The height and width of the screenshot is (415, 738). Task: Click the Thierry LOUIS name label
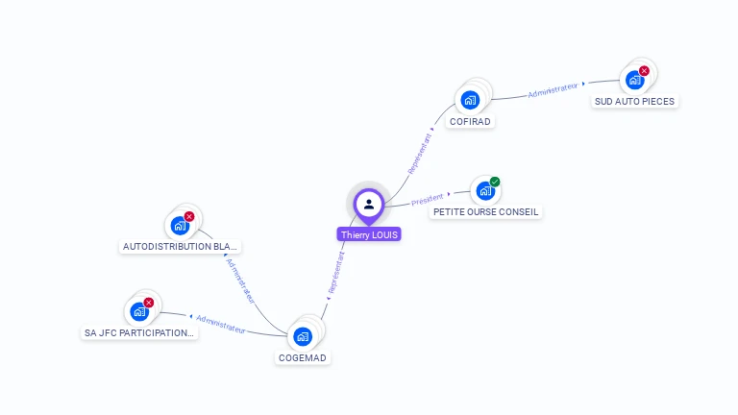tap(369, 234)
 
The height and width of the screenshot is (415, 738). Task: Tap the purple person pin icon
tap(369, 204)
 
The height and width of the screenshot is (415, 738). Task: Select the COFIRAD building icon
tap(470, 99)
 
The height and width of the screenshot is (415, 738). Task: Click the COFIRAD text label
tap(471, 122)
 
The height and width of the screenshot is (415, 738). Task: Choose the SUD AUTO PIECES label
tap(634, 101)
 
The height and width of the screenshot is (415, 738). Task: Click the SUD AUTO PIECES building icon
tap(634, 80)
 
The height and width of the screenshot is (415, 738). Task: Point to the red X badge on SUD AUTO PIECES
tap(644, 70)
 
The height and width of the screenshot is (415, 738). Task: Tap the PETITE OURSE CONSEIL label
tap(485, 211)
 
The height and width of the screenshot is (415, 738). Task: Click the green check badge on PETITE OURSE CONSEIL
tap(495, 182)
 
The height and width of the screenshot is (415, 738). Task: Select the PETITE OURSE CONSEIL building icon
tap(484, 190)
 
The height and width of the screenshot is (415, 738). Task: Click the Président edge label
tap(428, 200)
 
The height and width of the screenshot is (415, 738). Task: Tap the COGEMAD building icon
tap(303, 336)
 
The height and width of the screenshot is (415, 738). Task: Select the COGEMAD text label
tap(303, 358)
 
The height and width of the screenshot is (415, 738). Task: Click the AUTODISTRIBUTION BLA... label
tap(181, 246)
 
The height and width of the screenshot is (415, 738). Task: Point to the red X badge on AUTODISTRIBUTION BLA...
tap(189, 216)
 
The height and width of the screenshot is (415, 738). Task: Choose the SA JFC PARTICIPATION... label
tap(139, 333)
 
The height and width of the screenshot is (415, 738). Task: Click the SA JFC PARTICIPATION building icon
tap(139, 311)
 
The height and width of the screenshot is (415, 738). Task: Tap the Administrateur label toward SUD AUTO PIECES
tap(553, 91)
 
